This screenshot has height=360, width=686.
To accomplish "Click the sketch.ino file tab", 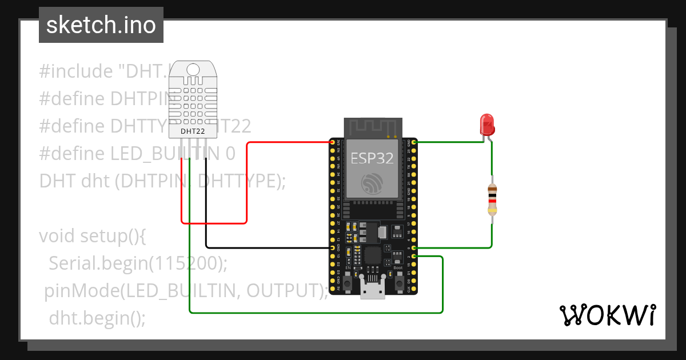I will coord(101,25).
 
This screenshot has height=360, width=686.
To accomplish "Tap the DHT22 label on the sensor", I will coord(193,131).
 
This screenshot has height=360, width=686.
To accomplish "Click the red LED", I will coord(486,125).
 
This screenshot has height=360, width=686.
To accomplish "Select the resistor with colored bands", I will coord(492,199).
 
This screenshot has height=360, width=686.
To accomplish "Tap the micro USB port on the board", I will coord(373,291).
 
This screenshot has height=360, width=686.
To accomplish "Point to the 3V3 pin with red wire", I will coord(333,142).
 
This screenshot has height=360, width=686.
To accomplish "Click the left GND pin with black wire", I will coord(333,248).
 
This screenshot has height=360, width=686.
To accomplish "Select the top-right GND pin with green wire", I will coord(413,142).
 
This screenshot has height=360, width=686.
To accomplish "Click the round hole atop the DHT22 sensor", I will coord(193,69).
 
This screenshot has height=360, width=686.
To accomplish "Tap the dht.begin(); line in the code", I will coord(97,318).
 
